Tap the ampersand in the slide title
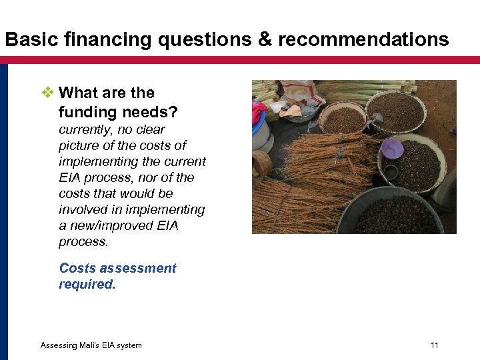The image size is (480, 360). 265,40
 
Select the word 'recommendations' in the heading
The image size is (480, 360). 363,40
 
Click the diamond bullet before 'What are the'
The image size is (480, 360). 47,93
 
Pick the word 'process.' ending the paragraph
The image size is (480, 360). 83,242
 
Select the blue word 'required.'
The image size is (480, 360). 87,285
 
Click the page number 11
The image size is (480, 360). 435,345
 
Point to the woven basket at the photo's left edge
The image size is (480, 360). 259,163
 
